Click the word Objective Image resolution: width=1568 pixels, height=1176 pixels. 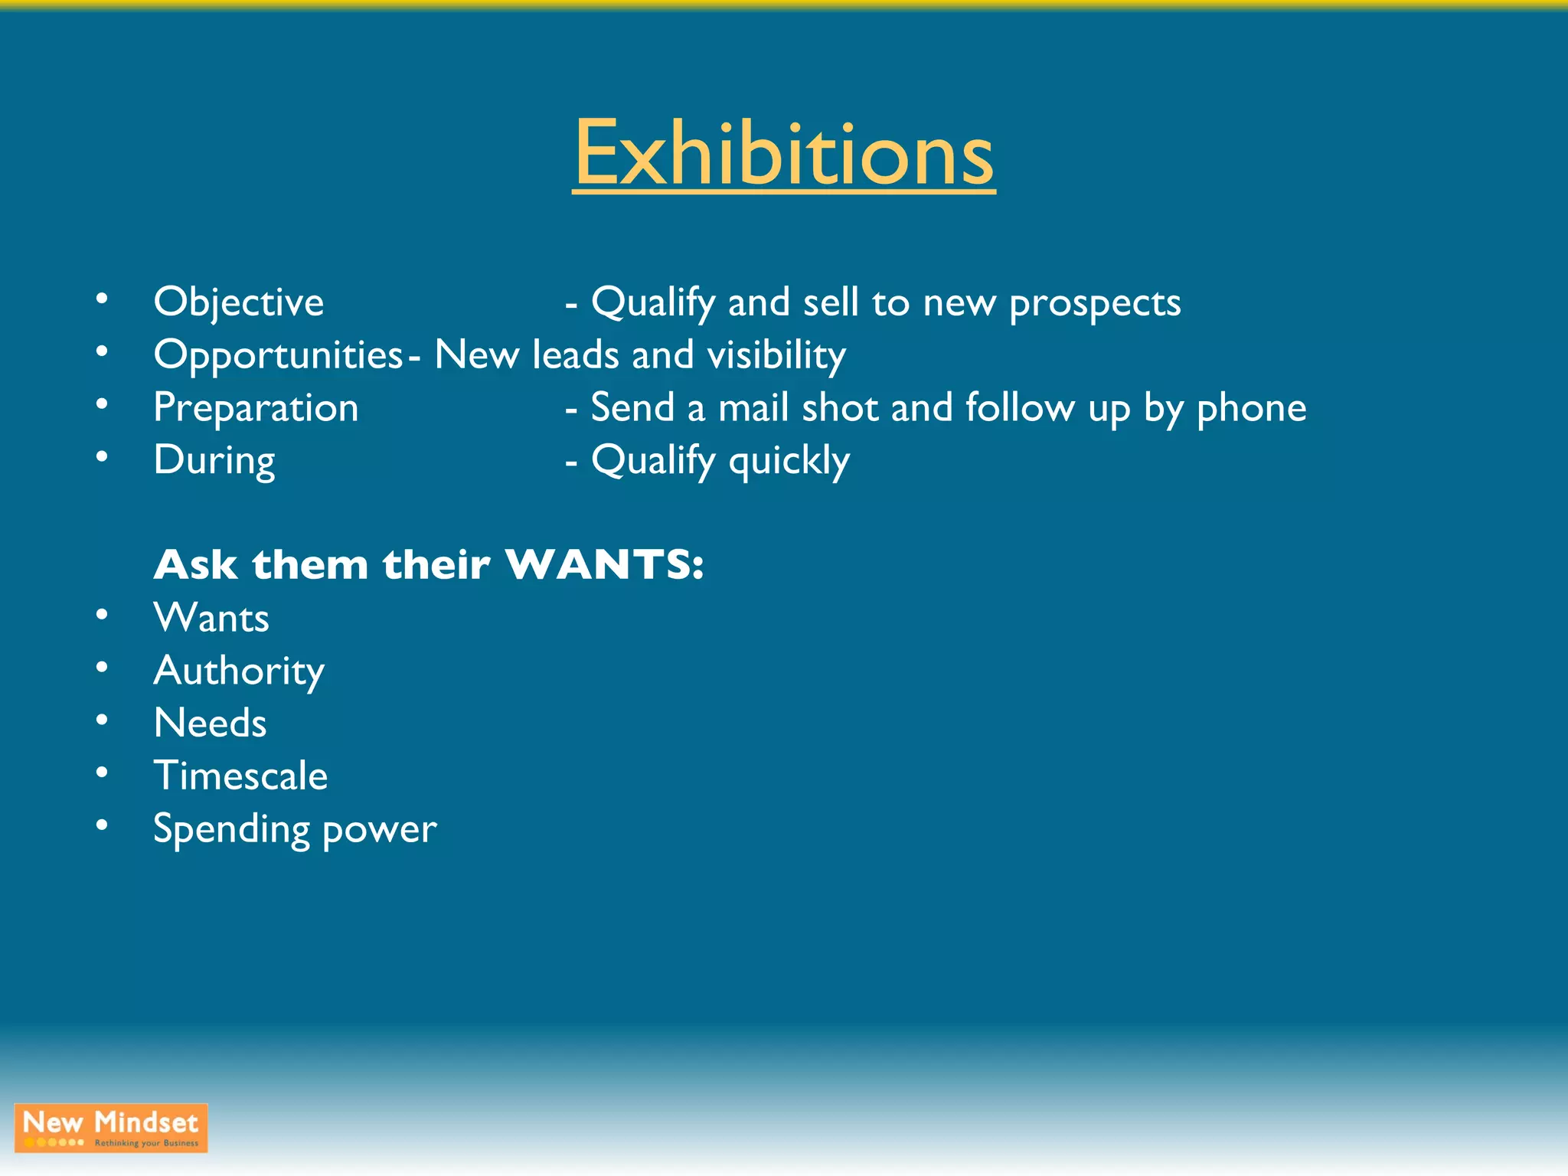[x=238, y=302]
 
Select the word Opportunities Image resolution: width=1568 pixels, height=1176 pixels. [x=278, y=354]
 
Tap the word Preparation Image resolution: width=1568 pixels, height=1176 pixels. [x=256, y=407]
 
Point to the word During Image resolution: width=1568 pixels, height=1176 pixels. [x=214, y=460]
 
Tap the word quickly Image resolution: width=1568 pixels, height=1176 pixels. [x=789, y=461]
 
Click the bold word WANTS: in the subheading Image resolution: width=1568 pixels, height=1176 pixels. [x=604, y=565]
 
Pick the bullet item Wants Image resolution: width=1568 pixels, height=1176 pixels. [x=211, y=618]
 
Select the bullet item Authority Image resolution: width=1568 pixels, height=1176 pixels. [x=239, y=671]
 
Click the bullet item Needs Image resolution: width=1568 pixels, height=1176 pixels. [x=210, y=723]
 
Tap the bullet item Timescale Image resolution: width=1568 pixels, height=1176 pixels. [x=240, y=776]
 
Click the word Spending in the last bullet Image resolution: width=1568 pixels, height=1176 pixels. [x=231, y=829]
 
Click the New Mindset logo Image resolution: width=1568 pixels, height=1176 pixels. [x=111, y=1127]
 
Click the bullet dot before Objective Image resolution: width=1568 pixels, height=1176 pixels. [x=102, y=299]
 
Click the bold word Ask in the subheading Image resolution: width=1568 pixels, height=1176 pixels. [x=195, y=565]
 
